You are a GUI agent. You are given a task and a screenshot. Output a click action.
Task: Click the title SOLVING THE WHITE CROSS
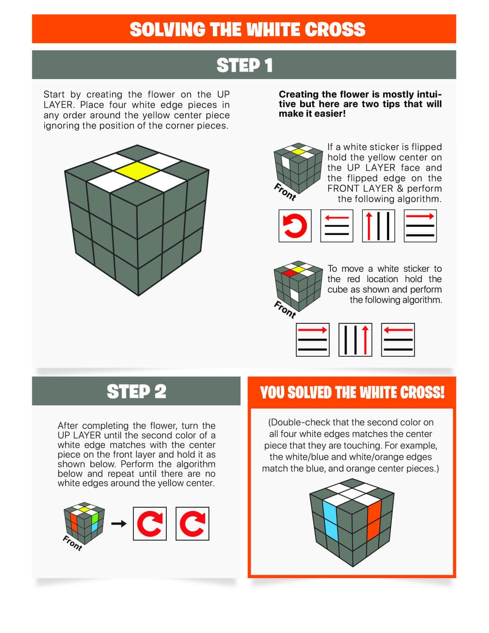point(247,29)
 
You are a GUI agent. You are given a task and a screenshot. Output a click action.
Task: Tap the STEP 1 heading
point(244,65)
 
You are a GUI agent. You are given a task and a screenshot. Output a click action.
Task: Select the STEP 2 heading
point(136,392)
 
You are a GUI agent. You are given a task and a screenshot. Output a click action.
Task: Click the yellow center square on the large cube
point(137,170)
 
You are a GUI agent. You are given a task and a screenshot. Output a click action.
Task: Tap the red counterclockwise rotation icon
point(295,226)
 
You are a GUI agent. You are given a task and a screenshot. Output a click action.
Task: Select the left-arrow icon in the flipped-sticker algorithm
point(337,226)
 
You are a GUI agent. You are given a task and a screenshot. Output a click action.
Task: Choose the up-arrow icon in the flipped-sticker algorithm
point(379,226)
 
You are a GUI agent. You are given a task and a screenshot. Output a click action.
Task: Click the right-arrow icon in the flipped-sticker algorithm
point(420,226)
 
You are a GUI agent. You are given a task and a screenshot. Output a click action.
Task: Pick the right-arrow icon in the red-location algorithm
point(312,340)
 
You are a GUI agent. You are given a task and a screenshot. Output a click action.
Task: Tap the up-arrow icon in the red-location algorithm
point(355,340)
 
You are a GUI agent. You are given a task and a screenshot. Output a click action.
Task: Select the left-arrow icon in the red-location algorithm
point(398,340)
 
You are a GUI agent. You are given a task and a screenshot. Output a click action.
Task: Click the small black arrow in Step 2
point(118,524)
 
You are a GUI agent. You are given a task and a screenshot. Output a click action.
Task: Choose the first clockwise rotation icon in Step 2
point(150,524)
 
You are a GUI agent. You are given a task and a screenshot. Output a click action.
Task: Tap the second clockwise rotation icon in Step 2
point(192,524)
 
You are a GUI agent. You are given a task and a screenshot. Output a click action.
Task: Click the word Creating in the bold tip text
point(299,94)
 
